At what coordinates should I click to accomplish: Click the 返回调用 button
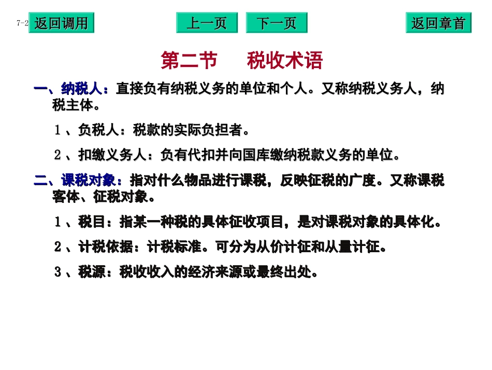(61, 23)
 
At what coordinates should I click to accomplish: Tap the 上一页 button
(207, 23)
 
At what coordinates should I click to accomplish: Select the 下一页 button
(276, 23)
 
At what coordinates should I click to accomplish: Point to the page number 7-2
(22, 23)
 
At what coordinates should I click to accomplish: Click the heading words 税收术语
(285, 61)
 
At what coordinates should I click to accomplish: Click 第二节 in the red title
(189, 61)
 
